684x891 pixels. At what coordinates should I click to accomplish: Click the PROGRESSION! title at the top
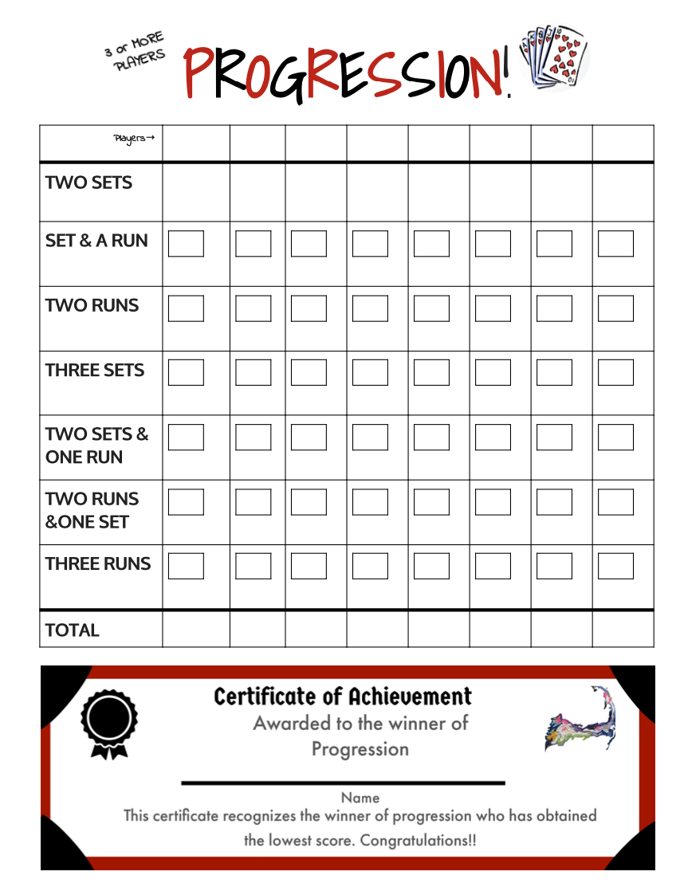pyautogui.click(x=346, y=73)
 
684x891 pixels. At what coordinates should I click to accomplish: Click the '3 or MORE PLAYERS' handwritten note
pyautogui.click(x=136, y=53)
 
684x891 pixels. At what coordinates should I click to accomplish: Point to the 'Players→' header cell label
pyautogui.click(x=134, y=139)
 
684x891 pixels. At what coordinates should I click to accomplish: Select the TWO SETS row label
pyautogui.click(x=88, y=183)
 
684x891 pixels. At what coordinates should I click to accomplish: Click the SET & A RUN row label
pyautogui.click(x=96, y=241)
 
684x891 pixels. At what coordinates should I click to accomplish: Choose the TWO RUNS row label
pyautogui.click(x=92, y=305)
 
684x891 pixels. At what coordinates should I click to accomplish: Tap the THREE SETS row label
pyautogui.click(x=95, y=370)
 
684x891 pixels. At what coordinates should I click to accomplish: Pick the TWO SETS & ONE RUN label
pyautogui.click(x=96, y=445)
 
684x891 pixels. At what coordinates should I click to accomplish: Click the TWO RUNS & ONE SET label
pyautogui.click(x=92, y=510)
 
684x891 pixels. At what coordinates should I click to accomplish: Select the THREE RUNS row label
pyautogui.click(x=97, y=563)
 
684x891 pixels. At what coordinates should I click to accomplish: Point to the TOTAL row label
pyautogui.click(x=73, y=630)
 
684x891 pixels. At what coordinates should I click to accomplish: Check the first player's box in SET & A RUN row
pyautogui.click(x=186, y=244)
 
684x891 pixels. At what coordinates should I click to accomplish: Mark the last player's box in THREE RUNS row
pyautogui.click(x=615, y=566)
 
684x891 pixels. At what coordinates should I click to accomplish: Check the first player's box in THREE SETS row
pyautogui.click(x=186, y=372)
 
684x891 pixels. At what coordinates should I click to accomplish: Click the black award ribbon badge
pyautogui.click(x=108, y=723)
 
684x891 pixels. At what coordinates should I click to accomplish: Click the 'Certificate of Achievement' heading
pyautogui.click(x=343, y=697)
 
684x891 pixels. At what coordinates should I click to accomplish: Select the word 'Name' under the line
pyautogui.click(x=360, y=797)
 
